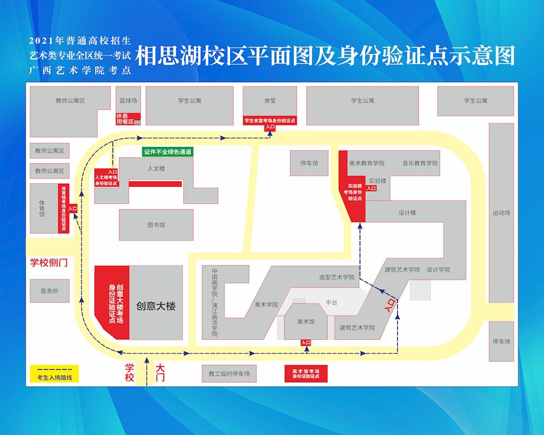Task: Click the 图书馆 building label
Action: click(156, 225)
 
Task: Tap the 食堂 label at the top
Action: click(270, 101)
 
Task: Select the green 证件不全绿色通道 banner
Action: click(168, 152)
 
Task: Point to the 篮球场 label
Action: click(128, 101)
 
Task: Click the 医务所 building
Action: click(49, 291)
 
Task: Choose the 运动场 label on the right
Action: click(501, 213)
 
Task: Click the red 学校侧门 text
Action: click(48, 263)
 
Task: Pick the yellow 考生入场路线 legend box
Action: click(54, 374)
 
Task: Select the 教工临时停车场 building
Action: click(229, 374)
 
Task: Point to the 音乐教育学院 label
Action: click(420, 163)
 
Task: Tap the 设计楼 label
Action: click(407, 213)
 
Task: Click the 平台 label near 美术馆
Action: click(332, 302)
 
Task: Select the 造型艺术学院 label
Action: click(337, 277)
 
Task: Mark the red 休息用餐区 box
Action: click(128, 119)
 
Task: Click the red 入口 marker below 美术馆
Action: click(306, 343)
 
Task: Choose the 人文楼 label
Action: click(156, 169)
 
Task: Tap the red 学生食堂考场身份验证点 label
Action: click(270, 121)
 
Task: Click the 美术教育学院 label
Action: click(367, 163)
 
